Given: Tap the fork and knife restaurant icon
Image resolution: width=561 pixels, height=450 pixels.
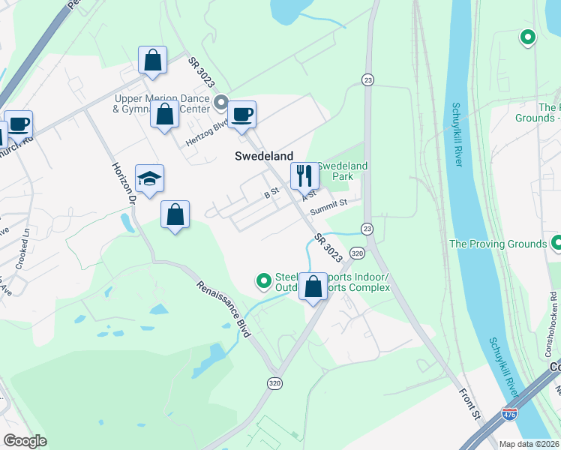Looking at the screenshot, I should click(304, 176).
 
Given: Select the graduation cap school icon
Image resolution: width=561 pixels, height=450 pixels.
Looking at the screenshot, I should click(149, 178).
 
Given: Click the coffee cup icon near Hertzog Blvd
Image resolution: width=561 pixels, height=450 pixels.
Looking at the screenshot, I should click(241, 115).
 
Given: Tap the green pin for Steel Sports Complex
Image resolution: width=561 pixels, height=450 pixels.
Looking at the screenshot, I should click(263, 281).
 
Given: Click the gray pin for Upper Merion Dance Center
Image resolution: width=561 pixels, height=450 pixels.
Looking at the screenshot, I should click(220, 101).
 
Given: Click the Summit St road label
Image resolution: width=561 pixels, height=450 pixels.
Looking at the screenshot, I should click(333, 202).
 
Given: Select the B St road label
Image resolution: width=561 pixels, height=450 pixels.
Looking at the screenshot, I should click(271, 193).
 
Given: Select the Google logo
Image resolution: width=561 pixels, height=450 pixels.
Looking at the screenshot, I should click(25, 441).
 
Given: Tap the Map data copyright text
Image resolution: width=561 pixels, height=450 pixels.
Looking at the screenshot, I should click(529, 443).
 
